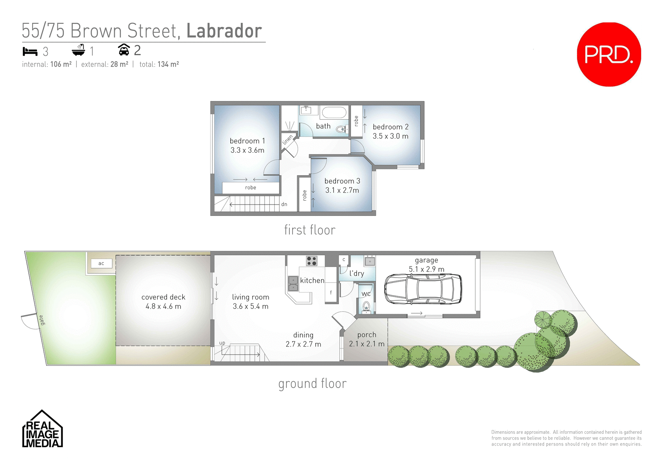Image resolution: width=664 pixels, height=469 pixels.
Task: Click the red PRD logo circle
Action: [x=609, y=54]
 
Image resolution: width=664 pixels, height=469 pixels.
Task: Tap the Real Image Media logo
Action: [x=42, y=430]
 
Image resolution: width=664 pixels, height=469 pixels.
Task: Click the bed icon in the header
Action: [x=30, y=51]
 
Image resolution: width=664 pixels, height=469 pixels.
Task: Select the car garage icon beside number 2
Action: [x=124, y=50]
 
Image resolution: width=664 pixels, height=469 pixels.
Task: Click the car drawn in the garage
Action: [x=423, y=289]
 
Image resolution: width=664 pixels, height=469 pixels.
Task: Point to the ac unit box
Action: [x=101, y=263]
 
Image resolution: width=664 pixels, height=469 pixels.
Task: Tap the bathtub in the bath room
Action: [x=334, y=113]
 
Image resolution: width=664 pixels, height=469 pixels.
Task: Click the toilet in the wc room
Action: [x=366, y=306]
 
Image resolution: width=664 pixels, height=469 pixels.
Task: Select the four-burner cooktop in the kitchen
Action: [x=312, y=261]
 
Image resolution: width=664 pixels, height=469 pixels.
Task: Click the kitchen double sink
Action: [x=293, y=283]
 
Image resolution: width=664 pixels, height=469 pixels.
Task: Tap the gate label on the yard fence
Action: [x=41, y=320]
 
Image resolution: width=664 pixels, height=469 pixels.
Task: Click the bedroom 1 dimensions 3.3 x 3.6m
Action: [x=247, y=150]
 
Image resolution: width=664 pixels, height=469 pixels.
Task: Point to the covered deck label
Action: [x=163, y=297]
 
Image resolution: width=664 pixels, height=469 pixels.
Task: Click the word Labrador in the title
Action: [x=224, y=31]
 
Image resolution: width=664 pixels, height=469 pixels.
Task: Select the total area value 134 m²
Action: [x=168, y=64]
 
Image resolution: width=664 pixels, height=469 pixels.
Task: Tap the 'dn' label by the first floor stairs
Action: [x=284, y=204]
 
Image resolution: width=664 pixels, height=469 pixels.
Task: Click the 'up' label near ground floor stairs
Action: [x=222, y=343]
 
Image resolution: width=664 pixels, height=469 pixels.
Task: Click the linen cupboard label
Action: [x=287, y=140]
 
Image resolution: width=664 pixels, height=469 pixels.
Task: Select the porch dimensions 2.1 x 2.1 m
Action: [x=367, y=344]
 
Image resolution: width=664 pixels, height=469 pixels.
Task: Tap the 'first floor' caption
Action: [x=310, y=230]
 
